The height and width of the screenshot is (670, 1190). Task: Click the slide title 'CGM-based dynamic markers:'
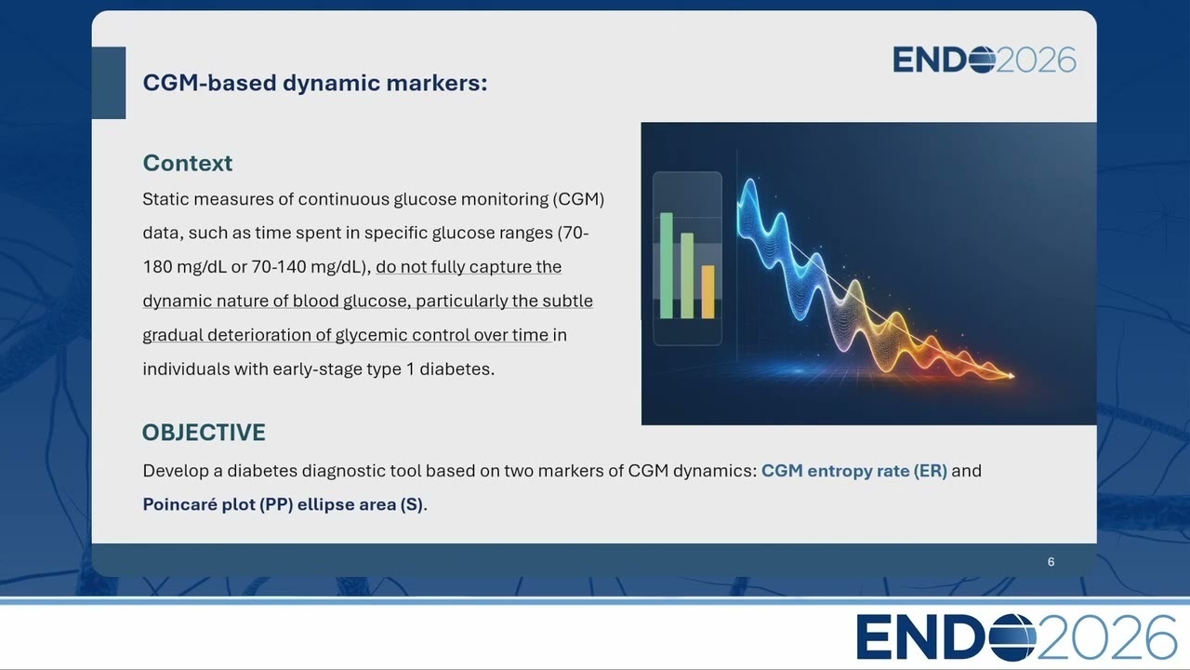315,83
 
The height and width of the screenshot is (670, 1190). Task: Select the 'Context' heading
188,163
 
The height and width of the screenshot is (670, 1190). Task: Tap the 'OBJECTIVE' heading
204,433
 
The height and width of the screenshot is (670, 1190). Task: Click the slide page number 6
1051,562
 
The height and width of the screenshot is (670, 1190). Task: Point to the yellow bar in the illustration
707,292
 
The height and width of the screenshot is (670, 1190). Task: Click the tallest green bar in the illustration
667,265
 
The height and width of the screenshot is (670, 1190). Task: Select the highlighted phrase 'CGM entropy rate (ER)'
854,471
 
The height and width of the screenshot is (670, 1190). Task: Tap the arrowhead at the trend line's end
1011,376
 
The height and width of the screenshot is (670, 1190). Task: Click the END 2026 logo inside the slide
985,60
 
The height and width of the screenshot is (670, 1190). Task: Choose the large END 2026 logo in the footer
1016,637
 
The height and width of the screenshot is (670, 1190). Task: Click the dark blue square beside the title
109,83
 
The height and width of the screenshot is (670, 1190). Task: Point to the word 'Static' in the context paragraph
165,199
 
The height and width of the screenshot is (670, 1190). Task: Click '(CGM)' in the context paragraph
578,199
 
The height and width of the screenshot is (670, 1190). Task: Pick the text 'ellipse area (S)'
360,504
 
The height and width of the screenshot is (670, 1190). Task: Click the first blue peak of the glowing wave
749,183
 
